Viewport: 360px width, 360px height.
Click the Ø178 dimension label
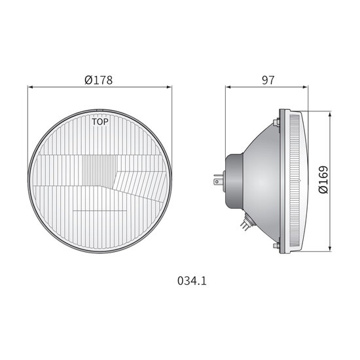tap(99, 81)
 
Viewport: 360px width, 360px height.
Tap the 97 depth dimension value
tap(268, 81)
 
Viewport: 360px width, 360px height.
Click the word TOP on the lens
tap(100, 122)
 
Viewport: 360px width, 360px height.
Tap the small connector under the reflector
tap(245, 223)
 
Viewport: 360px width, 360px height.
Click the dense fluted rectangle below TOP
tap(91, 173)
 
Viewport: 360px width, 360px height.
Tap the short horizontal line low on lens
tap(99, 211)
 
